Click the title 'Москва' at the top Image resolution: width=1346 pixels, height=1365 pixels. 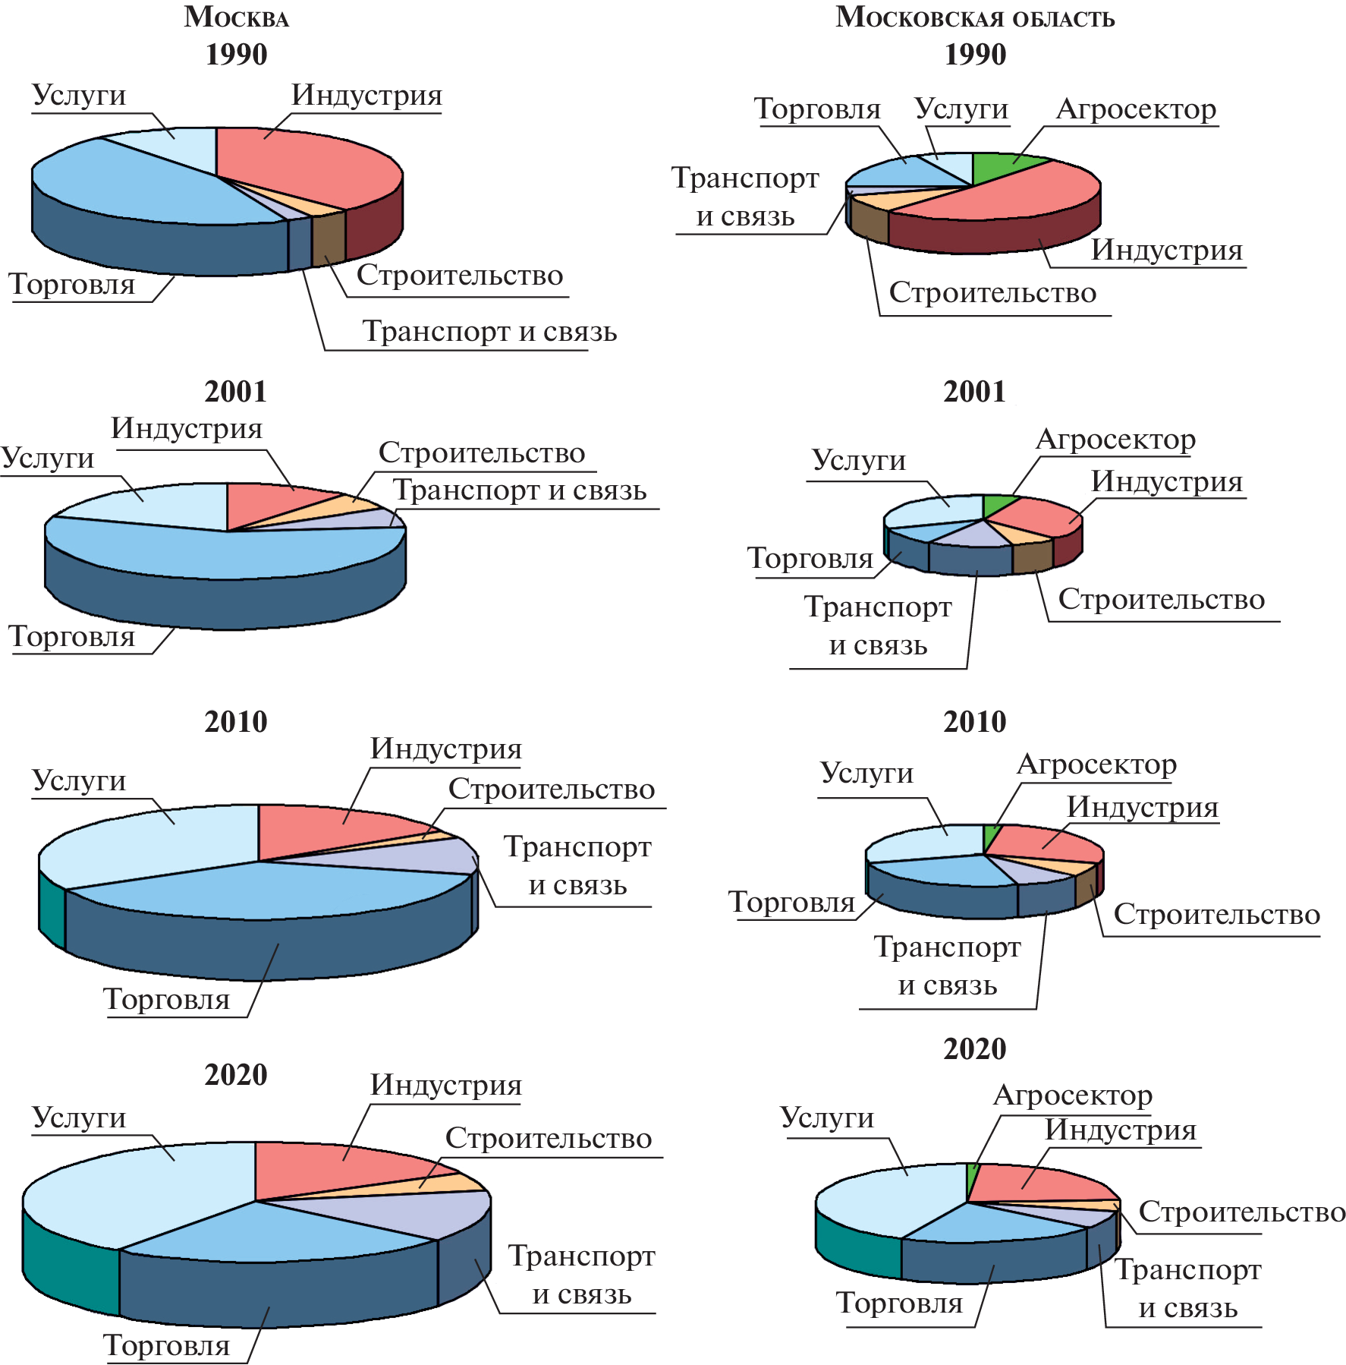click(236, 17)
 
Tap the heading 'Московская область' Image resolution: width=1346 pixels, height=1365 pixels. click(975, 17)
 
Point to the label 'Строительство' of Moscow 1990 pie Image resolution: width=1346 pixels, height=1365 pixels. click(460, 276)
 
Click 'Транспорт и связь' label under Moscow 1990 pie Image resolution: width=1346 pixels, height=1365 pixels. click(489, 332)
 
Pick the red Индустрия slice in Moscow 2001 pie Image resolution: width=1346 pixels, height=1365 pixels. click(273, 505)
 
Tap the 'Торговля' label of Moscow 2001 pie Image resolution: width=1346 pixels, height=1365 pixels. click(72, 637)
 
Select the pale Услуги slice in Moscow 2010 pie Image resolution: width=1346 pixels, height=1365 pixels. click(152, 843)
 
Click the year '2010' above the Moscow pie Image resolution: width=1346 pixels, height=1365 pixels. click(236, 722)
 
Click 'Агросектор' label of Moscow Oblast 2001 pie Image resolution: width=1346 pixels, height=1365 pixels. click(1115, 440)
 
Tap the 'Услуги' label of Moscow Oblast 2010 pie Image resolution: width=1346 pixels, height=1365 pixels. click(866, 773)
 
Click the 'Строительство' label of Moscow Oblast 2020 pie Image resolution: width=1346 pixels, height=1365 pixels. click(1242, 1212)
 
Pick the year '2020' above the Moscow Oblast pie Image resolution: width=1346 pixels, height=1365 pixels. click(975, 1049)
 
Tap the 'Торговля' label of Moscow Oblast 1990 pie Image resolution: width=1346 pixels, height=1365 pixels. click(817, 109)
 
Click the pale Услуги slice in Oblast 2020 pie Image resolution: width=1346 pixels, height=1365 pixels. click(888, 1199)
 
